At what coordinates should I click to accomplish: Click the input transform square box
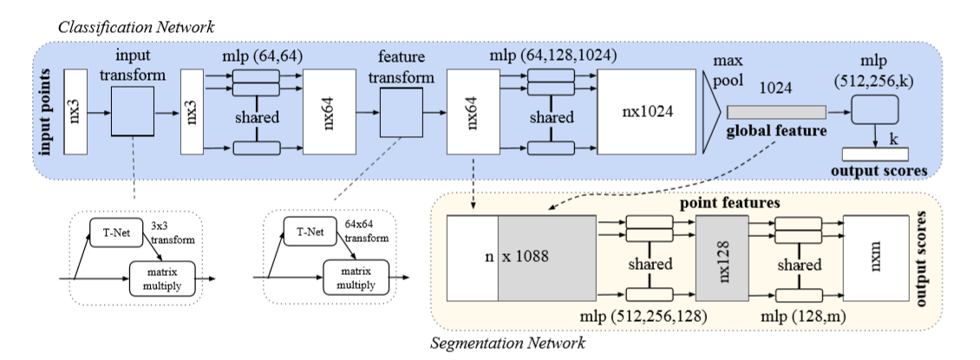tap(134, 112)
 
